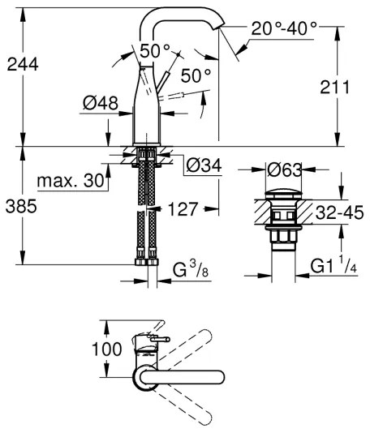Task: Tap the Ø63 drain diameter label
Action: (285, 170)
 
